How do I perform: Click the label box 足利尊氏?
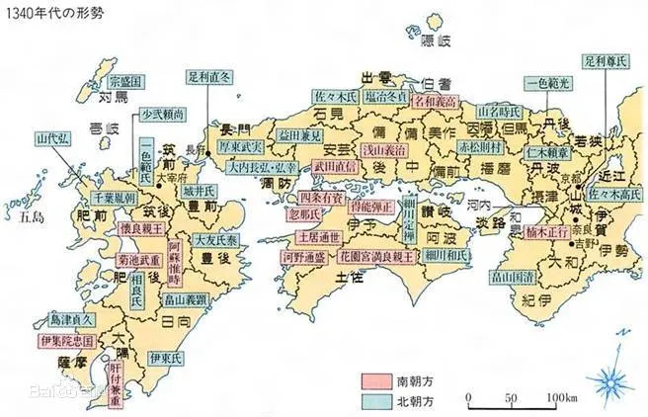607,59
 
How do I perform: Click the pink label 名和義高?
437,101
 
